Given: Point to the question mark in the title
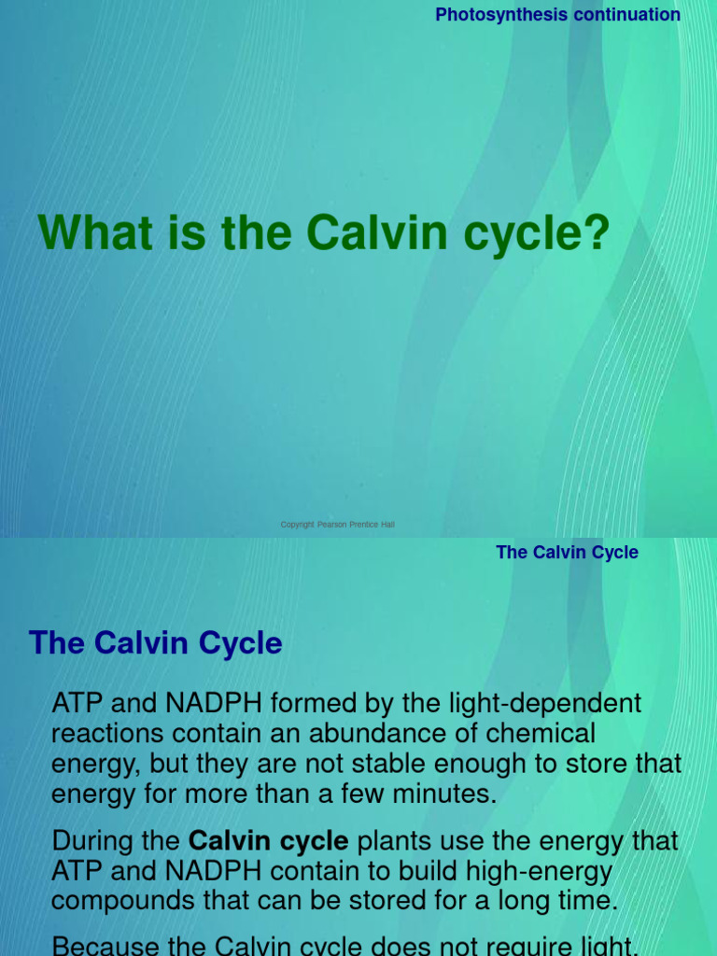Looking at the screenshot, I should point(596,232).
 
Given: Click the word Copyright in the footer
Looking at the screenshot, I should point(298,525).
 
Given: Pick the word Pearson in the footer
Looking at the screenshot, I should point(331,525).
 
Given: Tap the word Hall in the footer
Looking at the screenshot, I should point(387,525).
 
